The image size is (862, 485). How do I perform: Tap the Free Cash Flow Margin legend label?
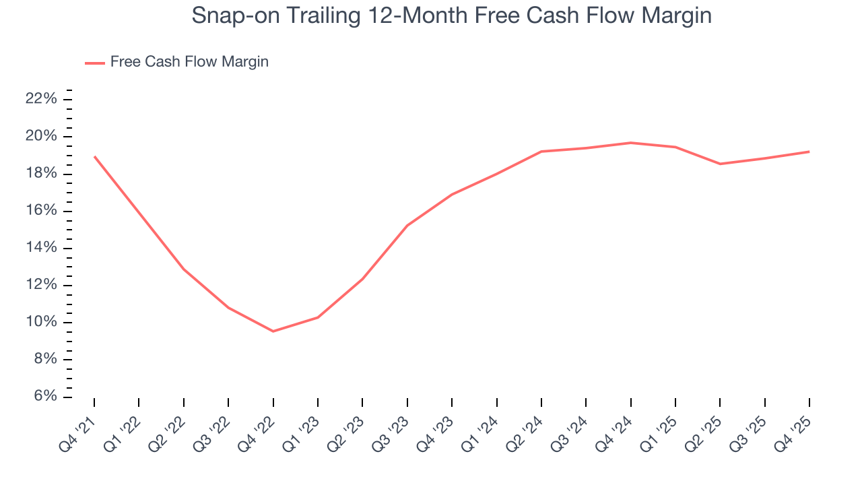click(x=189, y=62)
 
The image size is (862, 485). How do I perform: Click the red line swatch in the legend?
click(x=95, y=63)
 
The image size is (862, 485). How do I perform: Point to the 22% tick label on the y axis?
click(x=40, y=100)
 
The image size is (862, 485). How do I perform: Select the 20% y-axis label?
click(x=40, y=137)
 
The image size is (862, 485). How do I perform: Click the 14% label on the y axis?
click(x=40, y=248)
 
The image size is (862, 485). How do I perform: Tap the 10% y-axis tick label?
click(x=40, y=322)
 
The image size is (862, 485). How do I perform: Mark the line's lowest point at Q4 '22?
click(x=273, y=331)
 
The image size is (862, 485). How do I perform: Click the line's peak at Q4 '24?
click(x=630, y=143)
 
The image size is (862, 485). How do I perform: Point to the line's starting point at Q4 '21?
click(x=94, y=156)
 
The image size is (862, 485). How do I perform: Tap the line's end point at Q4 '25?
click(x=809, y=152)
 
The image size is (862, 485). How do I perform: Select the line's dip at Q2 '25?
click(x=720, y=164)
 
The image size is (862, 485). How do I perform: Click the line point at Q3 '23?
click(x=407, y=226)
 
